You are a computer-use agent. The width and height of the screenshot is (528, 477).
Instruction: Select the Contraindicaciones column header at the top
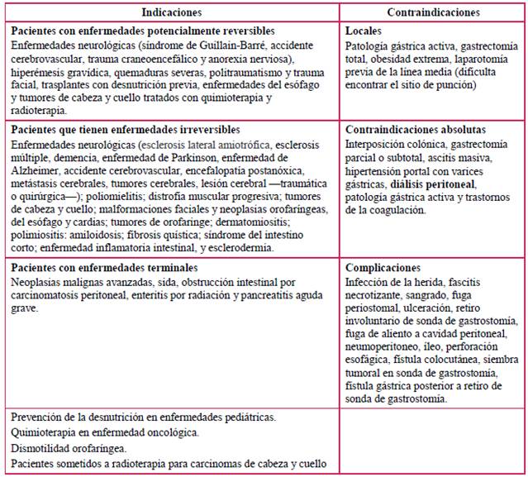(433, 12)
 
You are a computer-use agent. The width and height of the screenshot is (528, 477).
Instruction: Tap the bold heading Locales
(364, 30)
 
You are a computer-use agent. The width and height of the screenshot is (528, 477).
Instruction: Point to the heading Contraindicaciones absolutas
(415, 130)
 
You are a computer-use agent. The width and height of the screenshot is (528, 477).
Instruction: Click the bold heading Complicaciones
(383, 268)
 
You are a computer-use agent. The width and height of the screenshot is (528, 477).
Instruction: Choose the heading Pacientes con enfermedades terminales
(104, 268)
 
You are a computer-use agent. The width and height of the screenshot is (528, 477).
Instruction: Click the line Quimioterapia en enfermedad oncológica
(106, 432)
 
